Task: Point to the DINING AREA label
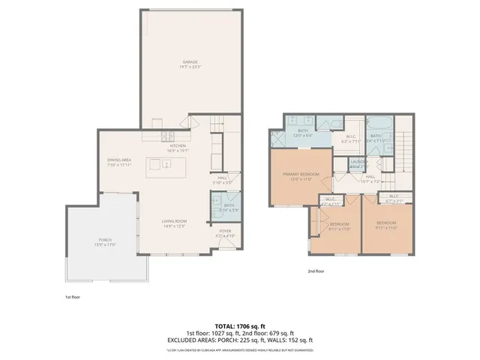tap(118, 160)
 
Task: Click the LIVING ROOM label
tap(175, 220)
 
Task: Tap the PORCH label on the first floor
tap(102, 240)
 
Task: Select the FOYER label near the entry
tap(225, 231)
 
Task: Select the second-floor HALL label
tap(370, 177)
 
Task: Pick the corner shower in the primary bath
tap(278, 138)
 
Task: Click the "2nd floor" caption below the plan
tap(316, 271)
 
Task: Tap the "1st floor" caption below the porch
tap(72, 296)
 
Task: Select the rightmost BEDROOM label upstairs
tap(387, 223)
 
